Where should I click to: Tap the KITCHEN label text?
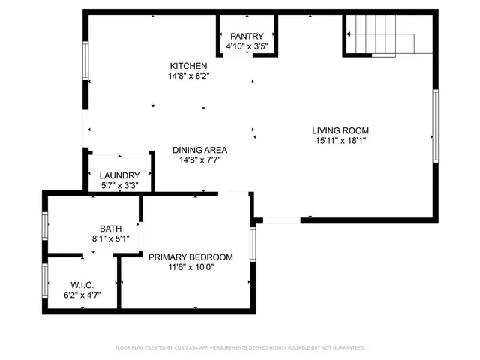(x=188, y=66)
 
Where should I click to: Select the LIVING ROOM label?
(x=340, y=130)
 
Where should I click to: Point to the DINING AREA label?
(x=199, y=150)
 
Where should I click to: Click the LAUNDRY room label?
(x=120, y=175)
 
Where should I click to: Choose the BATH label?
(x=110, y=229)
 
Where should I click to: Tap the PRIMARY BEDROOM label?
(x=190, y=256)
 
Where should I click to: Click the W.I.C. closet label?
(x=82, y=285)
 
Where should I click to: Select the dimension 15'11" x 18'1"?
(x=340, y=140)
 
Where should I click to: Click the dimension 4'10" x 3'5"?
(x=247, y=46)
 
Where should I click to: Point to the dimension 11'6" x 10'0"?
(x=190, y=266)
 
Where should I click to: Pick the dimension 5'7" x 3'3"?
(x=120, y=185)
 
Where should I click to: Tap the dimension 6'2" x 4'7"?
(x=82, y=295)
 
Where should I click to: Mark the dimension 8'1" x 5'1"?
(x=110, y=238)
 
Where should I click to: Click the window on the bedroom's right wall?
(x=253, y=244)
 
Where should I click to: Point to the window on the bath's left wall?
(x=45, y=225)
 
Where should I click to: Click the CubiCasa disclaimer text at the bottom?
(x=239, y=348)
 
